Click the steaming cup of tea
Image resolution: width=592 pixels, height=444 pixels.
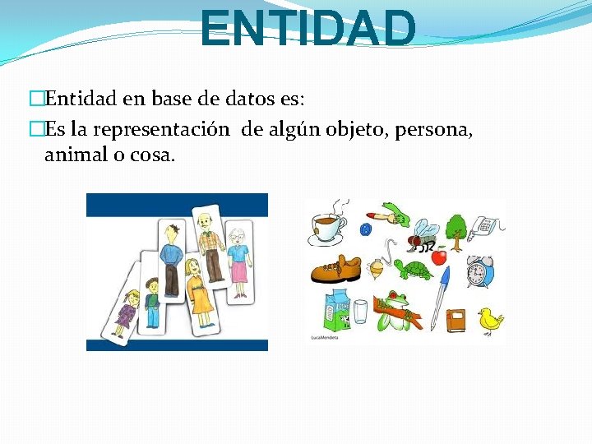pyautogui.click(x=328, y=225)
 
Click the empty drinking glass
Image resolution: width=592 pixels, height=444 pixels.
pyautogui.click(x=359, y=312)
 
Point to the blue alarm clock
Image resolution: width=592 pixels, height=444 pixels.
pyautogui.click(x=479, y=271)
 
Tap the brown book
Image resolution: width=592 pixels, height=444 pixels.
pyautogui.click(x=456, y=319)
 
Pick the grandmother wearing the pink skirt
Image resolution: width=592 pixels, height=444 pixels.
pyautogui.click(x=238, y=259)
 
